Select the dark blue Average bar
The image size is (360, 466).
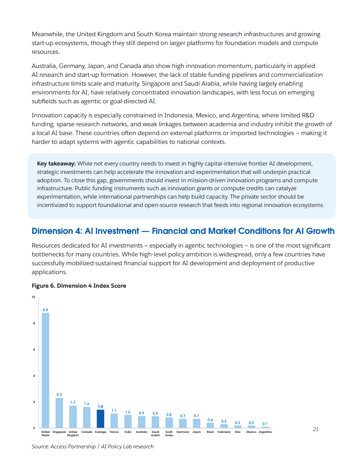coord(101,419)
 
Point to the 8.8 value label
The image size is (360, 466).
coord(45,310)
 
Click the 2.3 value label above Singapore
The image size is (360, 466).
coord(59,394)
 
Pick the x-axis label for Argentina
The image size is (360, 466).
coord(265,432)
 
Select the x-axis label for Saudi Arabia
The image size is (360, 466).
coord(155,433)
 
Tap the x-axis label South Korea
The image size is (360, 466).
coord(169,433)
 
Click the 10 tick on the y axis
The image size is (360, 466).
coord(33,297)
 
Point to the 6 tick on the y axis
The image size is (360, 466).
coord(34,349)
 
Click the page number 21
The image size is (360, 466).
coord(315,429)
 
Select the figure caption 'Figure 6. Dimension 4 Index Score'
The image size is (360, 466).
coord(79,286)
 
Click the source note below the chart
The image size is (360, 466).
coord(93,447)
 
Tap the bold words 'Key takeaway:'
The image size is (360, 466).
coord(56,163)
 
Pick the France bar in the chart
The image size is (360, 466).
coord(114,421)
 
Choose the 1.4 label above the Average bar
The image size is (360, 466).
coord(101,406)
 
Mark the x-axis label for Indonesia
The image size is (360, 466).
coord(224,432)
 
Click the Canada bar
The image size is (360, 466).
coord(86,417)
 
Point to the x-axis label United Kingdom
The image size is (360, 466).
coord(73,433)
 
